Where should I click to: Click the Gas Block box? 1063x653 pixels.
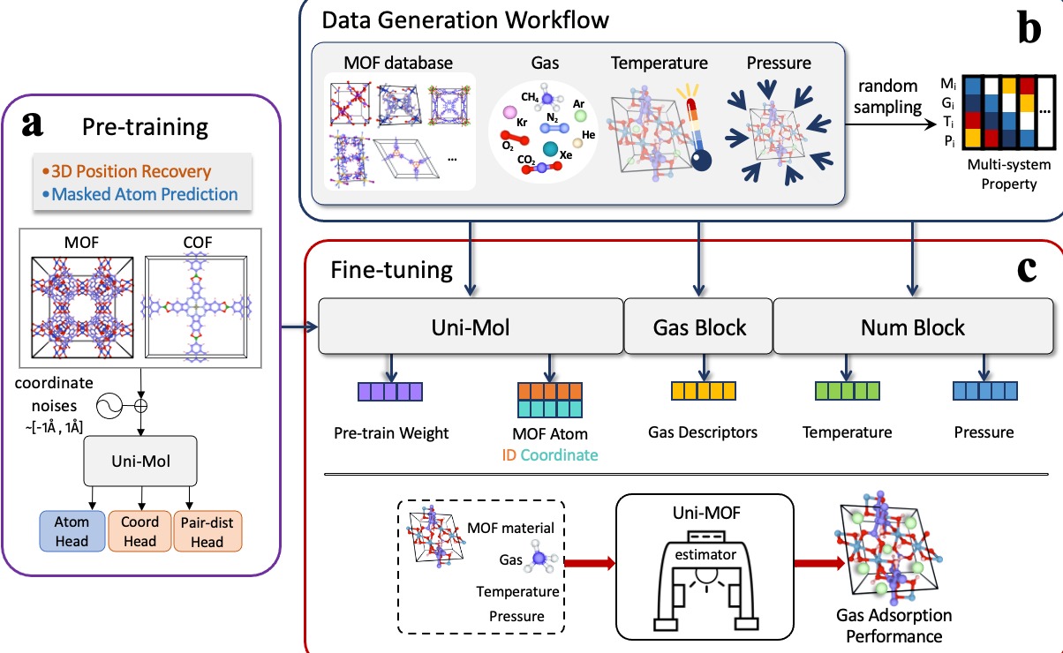(698, 327)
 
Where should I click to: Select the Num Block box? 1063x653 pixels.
(912, 327)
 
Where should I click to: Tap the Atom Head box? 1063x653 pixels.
(72, 531)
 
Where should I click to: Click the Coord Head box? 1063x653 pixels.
(139, 531)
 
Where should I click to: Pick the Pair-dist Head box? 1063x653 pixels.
(207, 531)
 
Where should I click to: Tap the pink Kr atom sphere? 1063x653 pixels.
(509, 113)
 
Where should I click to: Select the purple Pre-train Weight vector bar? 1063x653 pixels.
(390, 392)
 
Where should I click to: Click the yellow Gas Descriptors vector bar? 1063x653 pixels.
(704, 392)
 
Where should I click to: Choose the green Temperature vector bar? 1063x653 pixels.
(846, 392)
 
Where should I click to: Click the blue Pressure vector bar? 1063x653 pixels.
(984, 392)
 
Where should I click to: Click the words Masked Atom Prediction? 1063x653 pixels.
(145, 193)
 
